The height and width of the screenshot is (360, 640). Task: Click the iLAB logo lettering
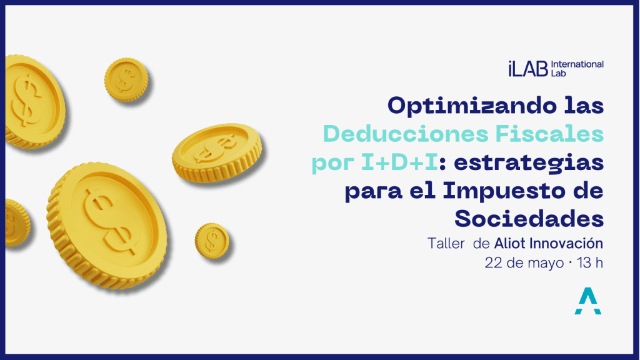tap(527, 69)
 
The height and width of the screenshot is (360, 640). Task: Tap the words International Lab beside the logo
tap(577, 69)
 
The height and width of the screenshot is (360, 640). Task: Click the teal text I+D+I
tap(400, 162)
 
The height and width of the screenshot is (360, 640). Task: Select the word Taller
tap(446, 244)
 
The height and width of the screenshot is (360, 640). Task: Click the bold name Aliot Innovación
tap(549, 243)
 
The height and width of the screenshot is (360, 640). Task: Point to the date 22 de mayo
tap(524, 263)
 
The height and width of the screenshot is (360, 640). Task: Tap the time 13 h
tap(590, 263)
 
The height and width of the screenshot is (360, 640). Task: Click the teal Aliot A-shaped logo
tap(587, 301)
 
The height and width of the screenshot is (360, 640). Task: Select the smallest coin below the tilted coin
tap(212, 241)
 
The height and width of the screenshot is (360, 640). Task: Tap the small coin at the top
tap(126, 79)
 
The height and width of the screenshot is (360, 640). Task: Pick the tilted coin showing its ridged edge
tap(217, 152)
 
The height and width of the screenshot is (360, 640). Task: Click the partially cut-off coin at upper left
tap(34, 102)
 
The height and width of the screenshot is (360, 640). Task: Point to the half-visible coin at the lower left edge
tap(17, 222)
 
